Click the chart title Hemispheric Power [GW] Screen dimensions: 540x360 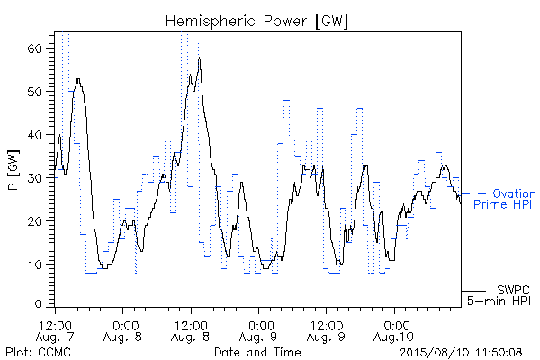(256, 21)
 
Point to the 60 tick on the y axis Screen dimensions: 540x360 (34, 49)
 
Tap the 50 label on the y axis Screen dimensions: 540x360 (34, 92)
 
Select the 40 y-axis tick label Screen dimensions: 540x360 (34, 135)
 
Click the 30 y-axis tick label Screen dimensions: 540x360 (34, 178)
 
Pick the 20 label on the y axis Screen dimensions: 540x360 (34, 221)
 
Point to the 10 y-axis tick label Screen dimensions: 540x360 (34, 265)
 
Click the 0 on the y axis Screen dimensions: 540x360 (38, 304)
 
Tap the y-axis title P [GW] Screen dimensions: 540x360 (13, 170)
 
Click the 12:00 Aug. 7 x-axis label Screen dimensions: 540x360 (55, 331)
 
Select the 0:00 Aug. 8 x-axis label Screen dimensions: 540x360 (123, 331)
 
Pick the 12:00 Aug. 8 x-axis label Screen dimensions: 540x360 (191, 331)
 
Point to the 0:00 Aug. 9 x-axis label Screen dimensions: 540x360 (258, 331)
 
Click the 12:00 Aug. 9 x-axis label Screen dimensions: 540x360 (327, 331)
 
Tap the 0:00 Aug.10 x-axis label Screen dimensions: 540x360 (394, 331)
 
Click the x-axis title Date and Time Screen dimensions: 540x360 (257, 352)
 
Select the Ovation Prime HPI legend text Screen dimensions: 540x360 (505, 199)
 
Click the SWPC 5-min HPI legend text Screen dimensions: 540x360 (499, 295)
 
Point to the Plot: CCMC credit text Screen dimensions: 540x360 (38, 352)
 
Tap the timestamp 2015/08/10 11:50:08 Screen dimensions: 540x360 (461, 352)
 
